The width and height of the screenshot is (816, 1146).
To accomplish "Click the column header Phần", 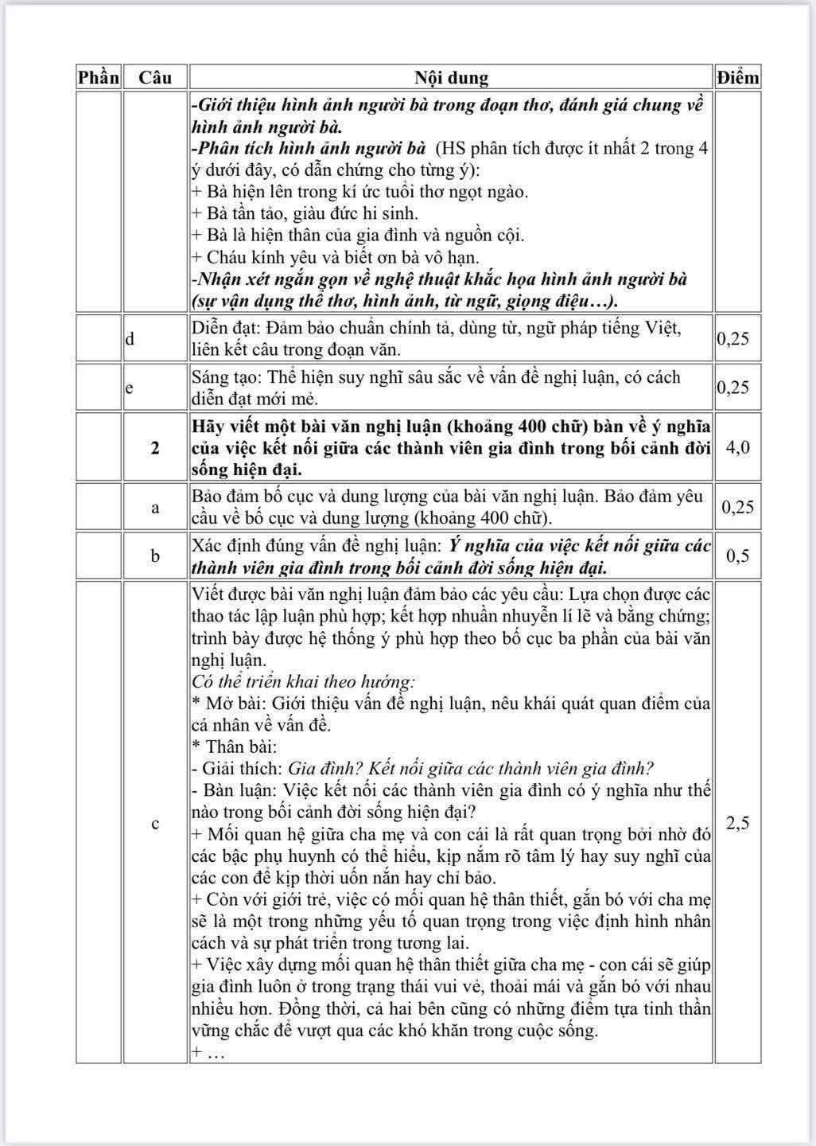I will (99, 77).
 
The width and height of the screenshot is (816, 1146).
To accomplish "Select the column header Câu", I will (155, 77).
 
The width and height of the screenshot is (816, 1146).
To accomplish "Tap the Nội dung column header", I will (451, 77).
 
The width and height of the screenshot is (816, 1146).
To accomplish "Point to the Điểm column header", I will (737, 77).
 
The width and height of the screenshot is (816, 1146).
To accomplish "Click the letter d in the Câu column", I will (130, 338).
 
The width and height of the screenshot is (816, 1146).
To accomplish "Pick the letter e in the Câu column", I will (130, 388).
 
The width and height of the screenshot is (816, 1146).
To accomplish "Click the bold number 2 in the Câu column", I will (155, 447).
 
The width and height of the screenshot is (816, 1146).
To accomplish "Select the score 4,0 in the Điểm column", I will (737, 447).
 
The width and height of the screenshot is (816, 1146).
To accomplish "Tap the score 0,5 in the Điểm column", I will (737, 555).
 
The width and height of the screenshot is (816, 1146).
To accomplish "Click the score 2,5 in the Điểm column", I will (737, 823).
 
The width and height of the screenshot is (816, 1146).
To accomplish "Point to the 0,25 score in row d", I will (733, 338).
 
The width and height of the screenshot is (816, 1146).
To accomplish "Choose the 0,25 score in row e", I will (733, 388).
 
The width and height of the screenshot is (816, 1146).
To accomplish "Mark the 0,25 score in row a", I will (737, 507).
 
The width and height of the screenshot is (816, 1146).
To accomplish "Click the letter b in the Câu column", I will (155, 555).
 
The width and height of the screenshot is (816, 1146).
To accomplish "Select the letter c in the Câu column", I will (155, 823).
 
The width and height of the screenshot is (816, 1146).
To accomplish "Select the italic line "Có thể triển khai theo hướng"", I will (303, 681).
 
